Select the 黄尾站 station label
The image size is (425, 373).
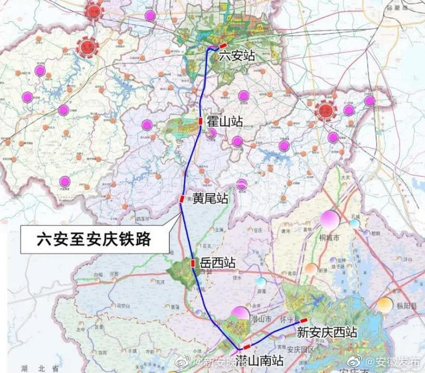(x=211, y=198)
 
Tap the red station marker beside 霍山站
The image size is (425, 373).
(x=200, y=121)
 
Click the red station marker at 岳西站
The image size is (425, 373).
(x=193, y=263)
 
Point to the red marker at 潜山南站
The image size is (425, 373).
(x=247, y=346)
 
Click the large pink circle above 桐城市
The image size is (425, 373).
(x=330, y=220)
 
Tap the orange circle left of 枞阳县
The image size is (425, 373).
(x=385, y=305)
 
